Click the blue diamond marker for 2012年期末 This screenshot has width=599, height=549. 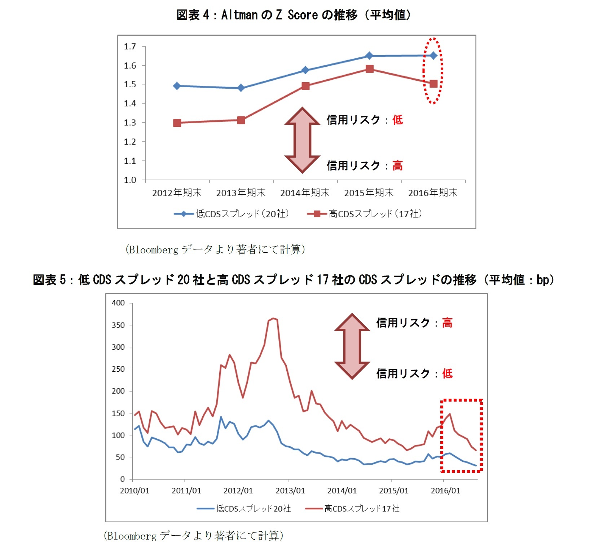click(x=177, y=86)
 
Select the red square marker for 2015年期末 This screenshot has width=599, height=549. click(x=369, y=69)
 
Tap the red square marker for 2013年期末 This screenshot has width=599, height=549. click(x=241, y=120)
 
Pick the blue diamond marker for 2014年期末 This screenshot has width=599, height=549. click(x=305, y=70)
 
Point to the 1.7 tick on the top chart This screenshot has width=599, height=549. click(x=130, y=47)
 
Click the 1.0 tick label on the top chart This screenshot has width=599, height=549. click(x=130, y=180)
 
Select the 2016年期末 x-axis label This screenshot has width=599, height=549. click(x=433, y=193)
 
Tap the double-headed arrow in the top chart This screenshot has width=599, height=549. click(x=302, y=140)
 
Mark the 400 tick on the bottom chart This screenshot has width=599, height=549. click(x=118, y=303)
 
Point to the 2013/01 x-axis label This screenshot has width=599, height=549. click(x=290, y=491)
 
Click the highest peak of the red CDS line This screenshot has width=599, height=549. click(x=273, y=318)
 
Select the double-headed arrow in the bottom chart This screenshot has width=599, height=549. click(x=352, y=346)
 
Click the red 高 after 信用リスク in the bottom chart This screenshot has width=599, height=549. click(x=447, y=323)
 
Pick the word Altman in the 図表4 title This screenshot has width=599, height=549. click(x=239, y=15)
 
